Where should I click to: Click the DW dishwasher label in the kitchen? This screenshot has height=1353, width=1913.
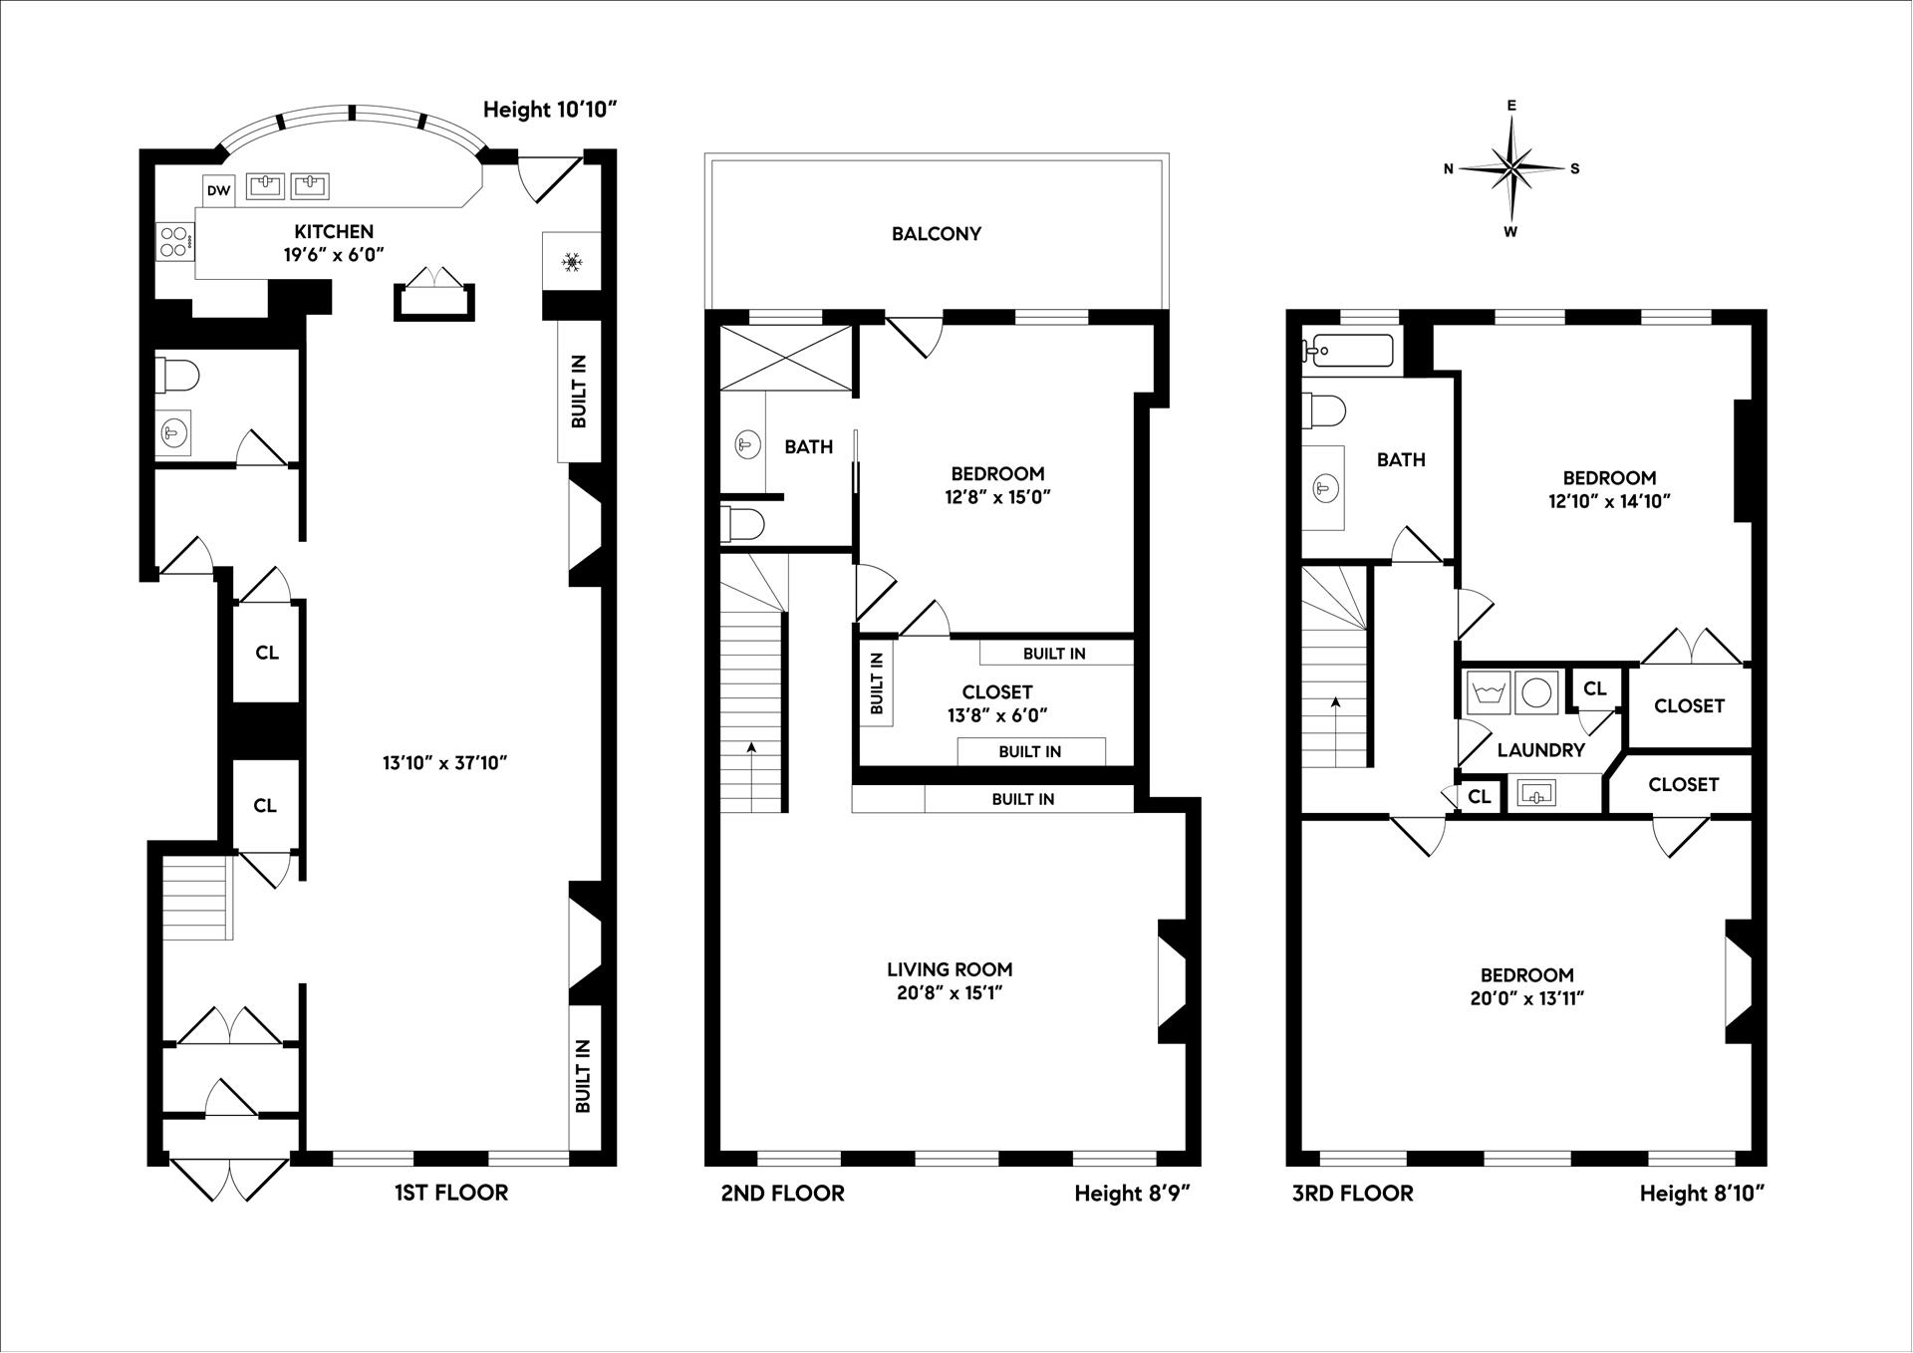tap(218, 190)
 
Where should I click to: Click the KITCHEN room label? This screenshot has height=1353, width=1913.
tap(333, 232)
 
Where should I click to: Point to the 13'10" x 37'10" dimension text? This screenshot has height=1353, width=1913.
tap(445, 763)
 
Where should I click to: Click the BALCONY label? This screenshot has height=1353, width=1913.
tap(936, 234)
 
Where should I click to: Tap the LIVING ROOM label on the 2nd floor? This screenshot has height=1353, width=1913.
tap(950, 969)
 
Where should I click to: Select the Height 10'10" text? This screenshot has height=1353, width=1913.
tap(551, 110)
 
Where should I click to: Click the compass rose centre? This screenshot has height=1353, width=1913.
tap(1512, 168)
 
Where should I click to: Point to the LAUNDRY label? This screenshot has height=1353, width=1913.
tap(1540, 750)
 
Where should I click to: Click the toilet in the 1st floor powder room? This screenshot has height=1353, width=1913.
tap(180, 377)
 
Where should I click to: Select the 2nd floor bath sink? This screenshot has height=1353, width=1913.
tap(745, 444)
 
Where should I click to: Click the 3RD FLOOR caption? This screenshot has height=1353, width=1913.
tap(1352, 1194)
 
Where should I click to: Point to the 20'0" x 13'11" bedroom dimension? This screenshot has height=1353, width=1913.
tap(1526, 998)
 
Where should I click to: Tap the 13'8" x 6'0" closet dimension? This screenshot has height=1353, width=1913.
tap(997, 715)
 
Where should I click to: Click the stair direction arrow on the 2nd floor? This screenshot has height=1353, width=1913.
tap(751, 747)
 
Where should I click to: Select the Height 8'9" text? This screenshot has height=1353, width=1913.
tap(1132, 1194)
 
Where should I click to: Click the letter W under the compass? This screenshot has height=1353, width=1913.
tap(1510, 233)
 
